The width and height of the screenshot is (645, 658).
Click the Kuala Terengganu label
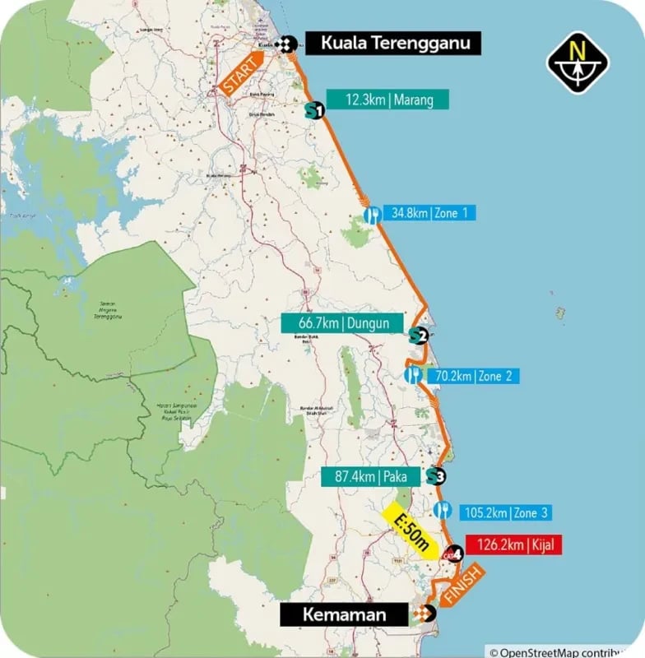(393, 44)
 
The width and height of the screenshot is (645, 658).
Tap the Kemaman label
(344, 614)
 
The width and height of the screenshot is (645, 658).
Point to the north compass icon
(578, 63)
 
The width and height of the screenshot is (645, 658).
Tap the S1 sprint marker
(313, 109)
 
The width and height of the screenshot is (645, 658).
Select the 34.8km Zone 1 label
(428, 213)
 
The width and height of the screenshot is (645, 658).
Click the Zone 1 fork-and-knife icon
(373, 215)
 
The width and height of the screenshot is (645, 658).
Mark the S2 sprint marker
(418, 335)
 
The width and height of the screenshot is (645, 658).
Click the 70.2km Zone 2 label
(472, 376)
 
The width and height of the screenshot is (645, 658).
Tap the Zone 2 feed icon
(414, 376)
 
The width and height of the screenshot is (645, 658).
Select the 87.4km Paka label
(370, 476)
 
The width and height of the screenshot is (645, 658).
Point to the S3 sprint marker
(435, 475)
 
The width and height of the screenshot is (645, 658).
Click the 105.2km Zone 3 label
(503, 512)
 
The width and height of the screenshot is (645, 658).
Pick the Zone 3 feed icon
(443, 510)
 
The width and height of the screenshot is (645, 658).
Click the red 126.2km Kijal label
(513, 544)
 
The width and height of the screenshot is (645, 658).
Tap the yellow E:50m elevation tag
(411, 531)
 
